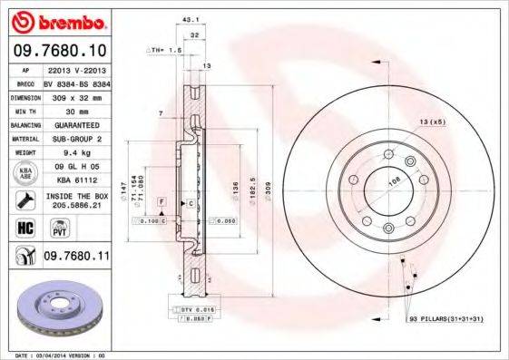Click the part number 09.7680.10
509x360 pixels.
60,51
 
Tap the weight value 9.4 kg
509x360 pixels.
72,153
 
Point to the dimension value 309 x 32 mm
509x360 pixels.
72,95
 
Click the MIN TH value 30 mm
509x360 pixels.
72,110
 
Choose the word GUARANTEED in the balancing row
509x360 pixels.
72,124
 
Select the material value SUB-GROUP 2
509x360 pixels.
72,139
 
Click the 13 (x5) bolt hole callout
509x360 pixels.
431,122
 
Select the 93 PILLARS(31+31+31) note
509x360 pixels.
445,320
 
